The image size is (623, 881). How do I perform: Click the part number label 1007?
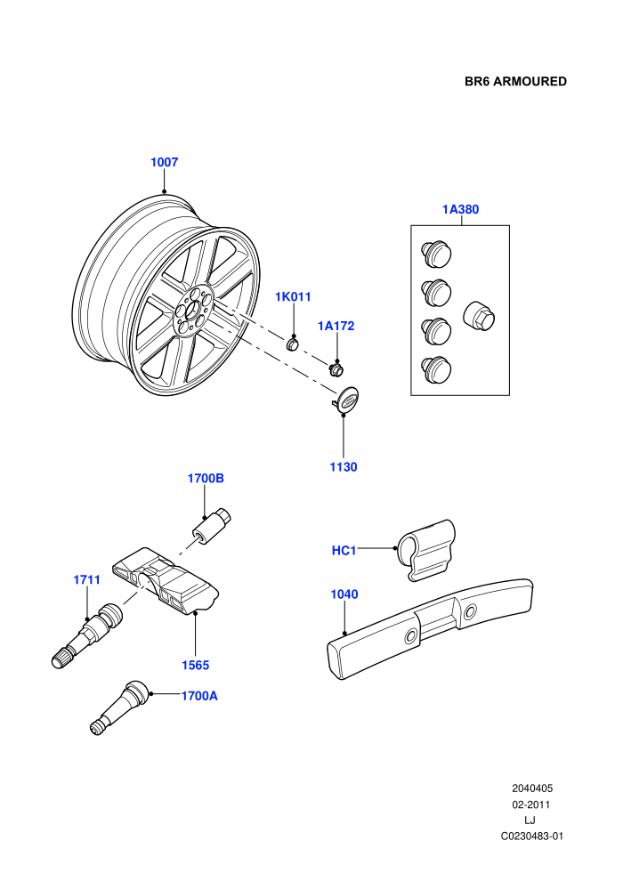(164, 162)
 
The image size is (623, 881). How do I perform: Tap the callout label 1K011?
(293, 296)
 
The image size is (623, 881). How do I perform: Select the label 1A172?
(336, 326)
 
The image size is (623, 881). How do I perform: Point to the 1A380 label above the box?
(461, 209)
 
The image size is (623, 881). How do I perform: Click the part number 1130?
(344, 467)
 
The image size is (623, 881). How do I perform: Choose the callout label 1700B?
(206, 478)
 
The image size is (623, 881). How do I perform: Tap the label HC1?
(344, 551)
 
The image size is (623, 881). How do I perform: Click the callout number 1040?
(344, 594)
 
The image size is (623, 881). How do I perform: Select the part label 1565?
(195, 666)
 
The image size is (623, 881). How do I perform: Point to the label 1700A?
(199, 696)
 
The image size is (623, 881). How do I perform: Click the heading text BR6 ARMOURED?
(515, 82)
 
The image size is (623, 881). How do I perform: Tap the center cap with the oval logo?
(346, 400)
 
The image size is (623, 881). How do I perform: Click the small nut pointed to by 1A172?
(336, 368)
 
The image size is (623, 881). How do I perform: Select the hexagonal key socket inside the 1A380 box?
(479, 315)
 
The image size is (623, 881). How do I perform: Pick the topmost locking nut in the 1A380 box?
(436, 254)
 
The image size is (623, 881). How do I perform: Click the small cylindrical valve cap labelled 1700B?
(212, 526)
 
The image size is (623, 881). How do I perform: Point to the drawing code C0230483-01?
(532, 836)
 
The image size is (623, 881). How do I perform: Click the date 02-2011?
(530, 804)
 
